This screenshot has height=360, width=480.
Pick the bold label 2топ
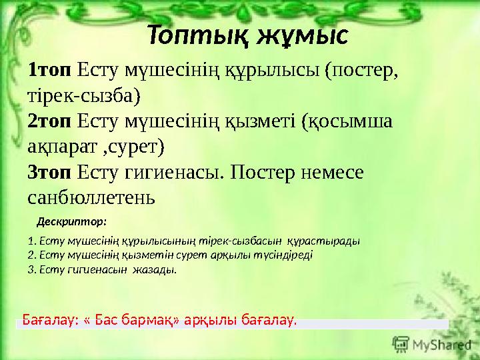[x=50, y=121]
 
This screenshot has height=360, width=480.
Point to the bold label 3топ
[x=50, y=173]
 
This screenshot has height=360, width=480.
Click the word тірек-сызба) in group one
[x=84, y=95]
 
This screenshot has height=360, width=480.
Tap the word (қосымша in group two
[x=347, y=121]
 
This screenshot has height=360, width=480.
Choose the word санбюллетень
[x=91, y=198]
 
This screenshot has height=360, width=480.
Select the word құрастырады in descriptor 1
[x=328, y=241]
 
